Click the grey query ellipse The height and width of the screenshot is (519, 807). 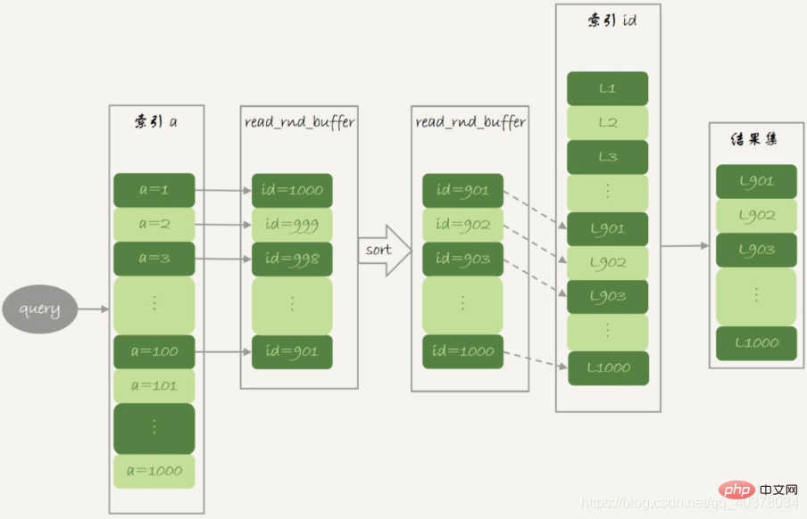tap(39, 309)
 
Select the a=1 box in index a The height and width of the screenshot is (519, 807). tap(154, 190)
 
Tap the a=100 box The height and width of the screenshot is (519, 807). tap(154, 352)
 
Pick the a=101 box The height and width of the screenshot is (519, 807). tap(154, 386)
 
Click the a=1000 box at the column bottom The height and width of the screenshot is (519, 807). tap(154, 471)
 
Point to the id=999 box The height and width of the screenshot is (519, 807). tap(292, 225)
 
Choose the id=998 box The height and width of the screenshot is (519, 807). tap(292, 259)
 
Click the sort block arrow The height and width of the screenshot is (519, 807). tap(385, 251)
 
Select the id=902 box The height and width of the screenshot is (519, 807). tap(462, 225)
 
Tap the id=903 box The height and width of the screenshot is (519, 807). tap(462, 259)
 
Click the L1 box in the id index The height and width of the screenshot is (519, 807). tap(607, 88)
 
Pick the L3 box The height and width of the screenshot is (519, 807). tap(607, 157)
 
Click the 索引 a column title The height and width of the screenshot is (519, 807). tap(156, 122)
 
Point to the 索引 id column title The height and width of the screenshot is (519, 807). tap(611, 21)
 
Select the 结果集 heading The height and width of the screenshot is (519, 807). tap(754, 139)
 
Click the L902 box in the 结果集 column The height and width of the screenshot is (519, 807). tap(757, 216)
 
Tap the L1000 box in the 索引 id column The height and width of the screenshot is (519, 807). tap(608, 368)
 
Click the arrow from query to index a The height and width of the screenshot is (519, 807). tap(93, 309)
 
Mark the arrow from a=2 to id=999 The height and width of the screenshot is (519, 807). tap(223, 225)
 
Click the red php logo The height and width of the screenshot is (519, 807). tap(736, 490)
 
